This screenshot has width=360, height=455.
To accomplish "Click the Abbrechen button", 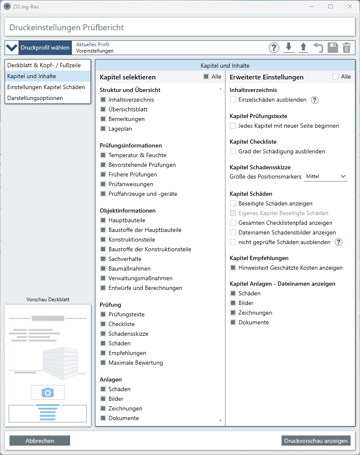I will click(x=40, y=441).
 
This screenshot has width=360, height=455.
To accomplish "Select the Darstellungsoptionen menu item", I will click(x=35, y=98).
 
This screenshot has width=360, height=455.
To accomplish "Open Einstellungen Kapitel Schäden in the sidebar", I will click(x=46, y=87).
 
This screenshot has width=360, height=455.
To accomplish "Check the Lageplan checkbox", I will click(x=103, y=129).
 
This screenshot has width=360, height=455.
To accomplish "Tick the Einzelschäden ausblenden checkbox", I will click(x=233, y=100).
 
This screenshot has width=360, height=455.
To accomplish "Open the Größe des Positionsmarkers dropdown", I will click(x=326, y=176).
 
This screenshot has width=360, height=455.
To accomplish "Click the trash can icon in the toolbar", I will click(x=346, y=48).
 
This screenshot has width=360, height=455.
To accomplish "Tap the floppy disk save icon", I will click(x=332, y=48).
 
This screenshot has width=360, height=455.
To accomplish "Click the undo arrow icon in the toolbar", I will click(x=318, y=48).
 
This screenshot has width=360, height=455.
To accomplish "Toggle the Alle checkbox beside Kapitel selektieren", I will click(x=206, y=76).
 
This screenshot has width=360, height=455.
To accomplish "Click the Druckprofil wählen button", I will click(x=39, y=48).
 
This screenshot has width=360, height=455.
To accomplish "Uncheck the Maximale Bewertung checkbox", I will click(x=103, y=363).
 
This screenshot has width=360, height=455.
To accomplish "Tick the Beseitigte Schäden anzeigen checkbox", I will click(x=233, y=203).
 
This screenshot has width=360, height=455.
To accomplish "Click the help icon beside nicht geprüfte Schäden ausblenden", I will click(x=339, y=242).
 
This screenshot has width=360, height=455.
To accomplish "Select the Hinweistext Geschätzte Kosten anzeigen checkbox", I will click(x=233, y=268).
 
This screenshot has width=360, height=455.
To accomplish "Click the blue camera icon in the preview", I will click(x=48, y=392).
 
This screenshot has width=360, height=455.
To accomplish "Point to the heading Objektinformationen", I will click(x=127, y=210).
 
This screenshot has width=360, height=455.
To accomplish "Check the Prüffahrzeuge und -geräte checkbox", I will click(x=103, y=194).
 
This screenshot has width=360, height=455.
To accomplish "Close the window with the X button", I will click(x=349, y=6).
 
